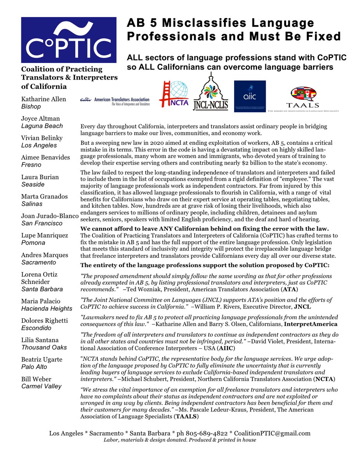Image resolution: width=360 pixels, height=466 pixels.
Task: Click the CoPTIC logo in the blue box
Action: pos(69,40)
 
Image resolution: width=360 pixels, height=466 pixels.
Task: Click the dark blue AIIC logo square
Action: pos(250,96)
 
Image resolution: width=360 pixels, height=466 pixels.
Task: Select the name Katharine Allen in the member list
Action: pos(43,99)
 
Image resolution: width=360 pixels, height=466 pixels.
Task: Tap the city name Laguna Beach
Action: pos(42,126)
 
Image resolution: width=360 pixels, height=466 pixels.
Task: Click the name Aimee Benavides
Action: pos(45,157)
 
